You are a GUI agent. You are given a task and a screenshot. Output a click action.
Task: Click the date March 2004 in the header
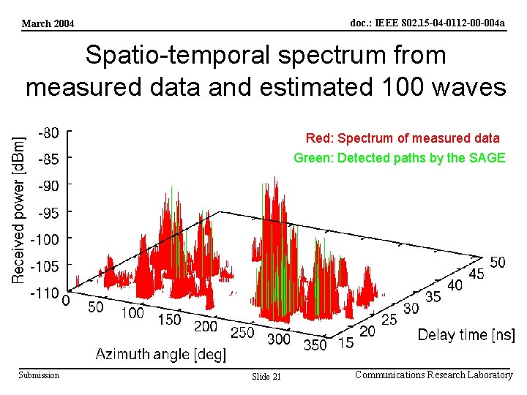point(48,23)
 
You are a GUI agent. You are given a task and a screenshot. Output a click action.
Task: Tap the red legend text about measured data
point(403,138)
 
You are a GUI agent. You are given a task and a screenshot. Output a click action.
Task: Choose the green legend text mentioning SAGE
point(399,158)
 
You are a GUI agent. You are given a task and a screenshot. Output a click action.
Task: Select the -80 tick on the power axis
point(49,133)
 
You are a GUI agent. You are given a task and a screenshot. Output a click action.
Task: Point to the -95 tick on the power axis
point(49,213)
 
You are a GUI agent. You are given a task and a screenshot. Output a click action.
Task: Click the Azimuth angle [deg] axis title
point(161,355)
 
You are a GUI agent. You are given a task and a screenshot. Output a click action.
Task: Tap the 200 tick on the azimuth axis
point(206,326)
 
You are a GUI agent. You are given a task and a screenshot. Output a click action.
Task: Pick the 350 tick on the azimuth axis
point(315,345)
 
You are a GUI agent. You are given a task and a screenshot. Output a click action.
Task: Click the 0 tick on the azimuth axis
point(66,300)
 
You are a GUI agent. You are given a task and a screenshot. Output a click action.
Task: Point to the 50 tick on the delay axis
point(497,262)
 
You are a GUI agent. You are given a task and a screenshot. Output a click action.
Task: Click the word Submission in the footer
point(39,375)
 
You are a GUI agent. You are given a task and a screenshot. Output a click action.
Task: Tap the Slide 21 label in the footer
point(266,376)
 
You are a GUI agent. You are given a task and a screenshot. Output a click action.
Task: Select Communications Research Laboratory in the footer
point(433,375)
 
